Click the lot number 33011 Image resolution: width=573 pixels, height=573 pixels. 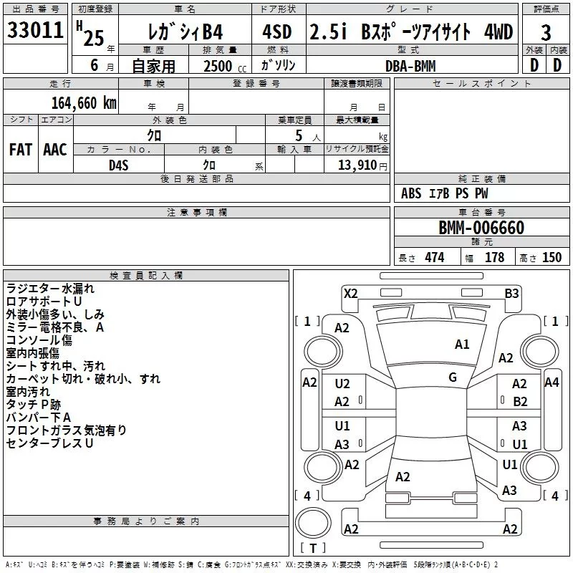coord(35,30)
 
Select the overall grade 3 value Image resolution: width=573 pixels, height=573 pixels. coord(546,33)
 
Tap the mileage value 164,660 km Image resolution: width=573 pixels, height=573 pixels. coord(84,102)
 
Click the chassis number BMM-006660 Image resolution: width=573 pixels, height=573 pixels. coord(481,228)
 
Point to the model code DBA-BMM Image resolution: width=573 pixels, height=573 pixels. coord(410,66)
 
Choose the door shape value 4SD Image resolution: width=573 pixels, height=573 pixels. coord(277,32)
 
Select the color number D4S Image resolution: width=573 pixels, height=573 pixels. coord(119,165)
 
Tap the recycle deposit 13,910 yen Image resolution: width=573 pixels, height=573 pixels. coord(362,165)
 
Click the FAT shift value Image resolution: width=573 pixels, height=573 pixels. coord(21,150)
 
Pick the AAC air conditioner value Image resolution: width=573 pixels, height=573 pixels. coord(55,150)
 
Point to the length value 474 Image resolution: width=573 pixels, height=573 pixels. coord(435,258)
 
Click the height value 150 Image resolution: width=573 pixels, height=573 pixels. coord(552,258)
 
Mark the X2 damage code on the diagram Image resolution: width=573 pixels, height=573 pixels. coord(350,294)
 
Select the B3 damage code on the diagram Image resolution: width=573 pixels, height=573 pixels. coord(511,294)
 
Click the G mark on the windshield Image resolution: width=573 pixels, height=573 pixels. coord(453,377)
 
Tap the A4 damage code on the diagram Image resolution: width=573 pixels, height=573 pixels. coord(552,382)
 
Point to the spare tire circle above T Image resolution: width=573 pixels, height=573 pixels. coord(313,522)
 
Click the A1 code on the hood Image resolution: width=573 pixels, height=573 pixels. coord(462,345)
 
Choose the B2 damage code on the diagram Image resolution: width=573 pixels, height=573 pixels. coord(520,402)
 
